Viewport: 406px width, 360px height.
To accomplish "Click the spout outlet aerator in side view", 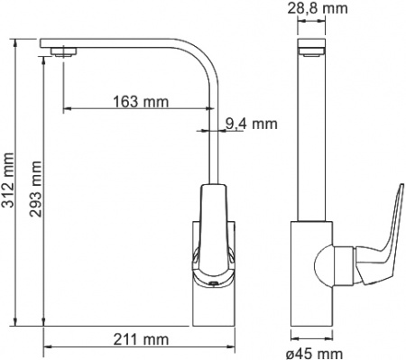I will point(63,51).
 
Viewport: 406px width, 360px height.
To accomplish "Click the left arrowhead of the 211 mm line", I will point(48,346).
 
